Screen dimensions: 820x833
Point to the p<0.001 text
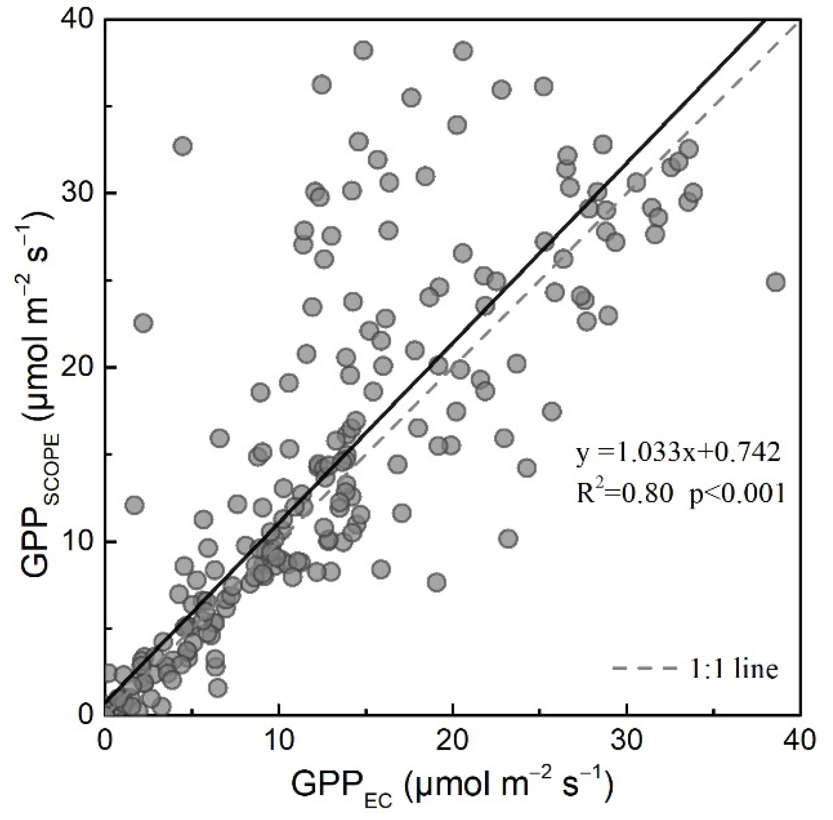coord(737,494)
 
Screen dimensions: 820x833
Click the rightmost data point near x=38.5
coord(776,282)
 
